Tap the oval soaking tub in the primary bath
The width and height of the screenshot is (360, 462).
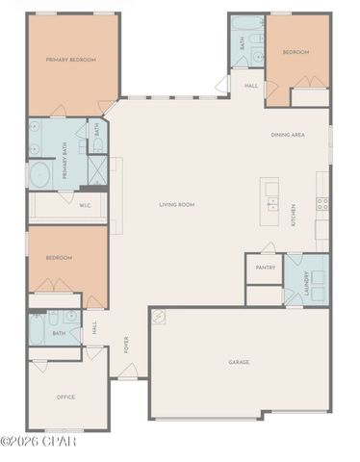click(x=40, y=175)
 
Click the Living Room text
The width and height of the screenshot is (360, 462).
click(x=177, y=204)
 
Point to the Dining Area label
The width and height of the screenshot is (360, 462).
click(x=288, y=136)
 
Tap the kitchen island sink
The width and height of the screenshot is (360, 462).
click(x=272, y=205)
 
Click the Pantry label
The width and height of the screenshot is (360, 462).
click(x=265, y=268)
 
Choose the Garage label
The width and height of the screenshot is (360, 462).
click(x=239, y=362)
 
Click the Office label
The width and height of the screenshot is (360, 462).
click(x=65, y=397)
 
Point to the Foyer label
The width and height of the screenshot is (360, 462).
click(x=126, y=345)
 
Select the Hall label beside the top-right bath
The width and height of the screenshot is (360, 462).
click(x=251, y=86)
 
